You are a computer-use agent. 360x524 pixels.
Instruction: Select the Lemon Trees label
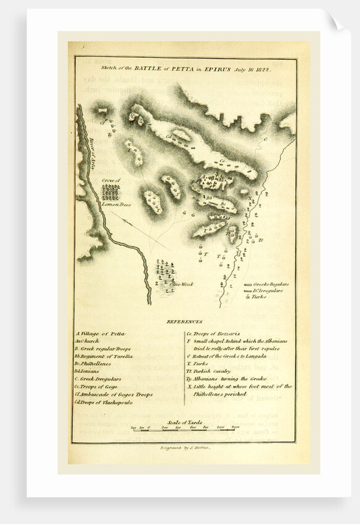coord(114,204)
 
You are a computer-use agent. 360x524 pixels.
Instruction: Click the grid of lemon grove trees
coord(111,192)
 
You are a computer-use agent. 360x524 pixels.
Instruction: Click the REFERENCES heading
coord(184,322)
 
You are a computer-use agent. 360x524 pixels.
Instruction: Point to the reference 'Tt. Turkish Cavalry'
coord(216,371)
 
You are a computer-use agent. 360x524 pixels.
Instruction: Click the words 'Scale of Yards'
coord(184,422)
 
